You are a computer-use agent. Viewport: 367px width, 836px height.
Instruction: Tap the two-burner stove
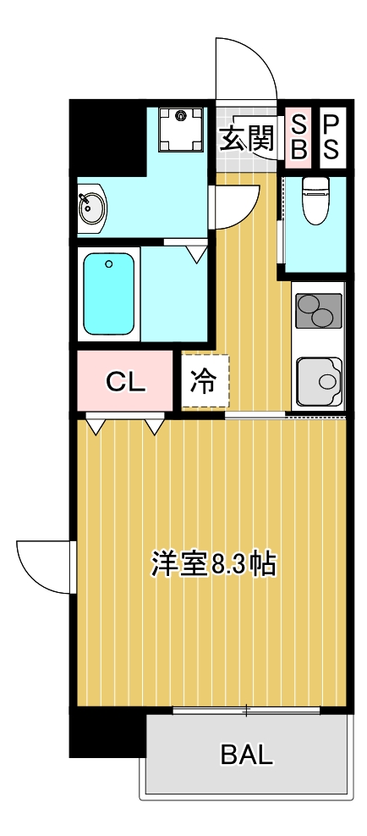(x=318, y=310)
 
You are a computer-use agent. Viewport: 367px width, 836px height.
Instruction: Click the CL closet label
(x=126, y=382)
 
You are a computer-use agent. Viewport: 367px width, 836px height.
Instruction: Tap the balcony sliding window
(x=247, y=709)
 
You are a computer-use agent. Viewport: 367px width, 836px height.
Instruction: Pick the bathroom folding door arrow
(x=197, y=252)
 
